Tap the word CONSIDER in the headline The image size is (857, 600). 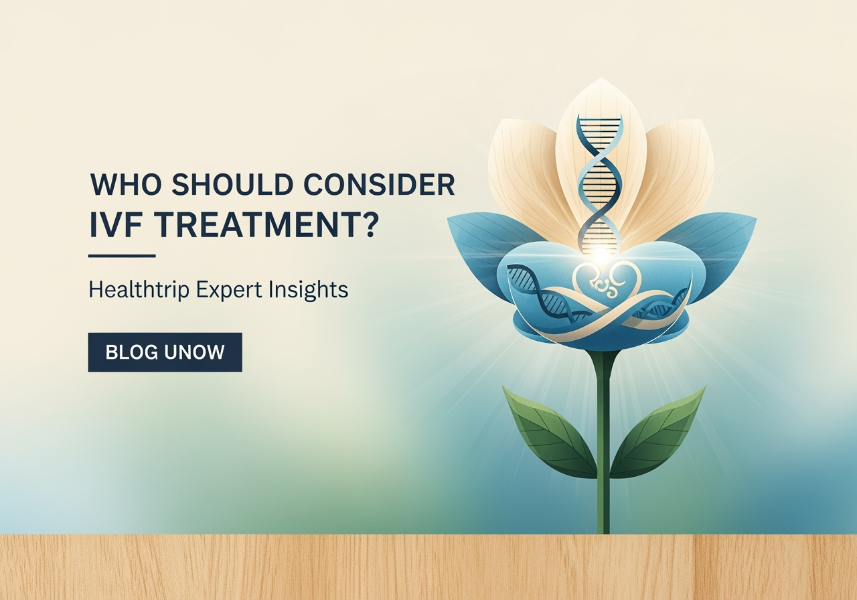[379, 185]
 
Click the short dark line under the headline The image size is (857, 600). [122, 255]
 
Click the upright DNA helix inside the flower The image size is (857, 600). [600, 177]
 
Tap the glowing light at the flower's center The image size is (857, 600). [601, 255]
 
